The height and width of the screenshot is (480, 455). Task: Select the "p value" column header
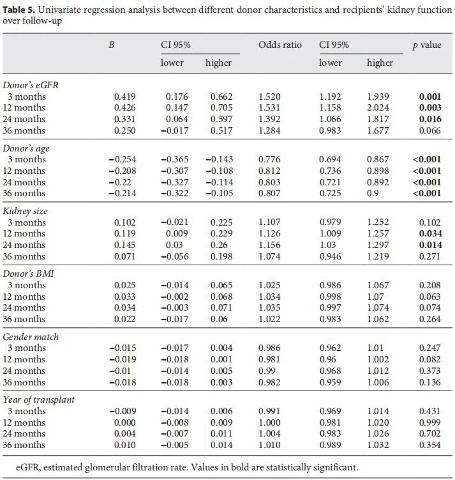tap(427, 45)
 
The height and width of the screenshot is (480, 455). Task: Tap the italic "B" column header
tap(112, 45)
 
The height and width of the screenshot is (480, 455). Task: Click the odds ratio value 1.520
tap(269, 97)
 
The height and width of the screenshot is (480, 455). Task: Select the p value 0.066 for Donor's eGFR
tap(429, 131)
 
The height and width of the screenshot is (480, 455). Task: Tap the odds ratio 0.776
tap(269, 160)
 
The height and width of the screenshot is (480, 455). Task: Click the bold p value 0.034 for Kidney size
tap(429, 234)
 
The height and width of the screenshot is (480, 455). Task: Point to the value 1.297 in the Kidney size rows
tap(378, 245)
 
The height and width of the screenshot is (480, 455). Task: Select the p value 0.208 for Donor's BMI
tap(429, 285)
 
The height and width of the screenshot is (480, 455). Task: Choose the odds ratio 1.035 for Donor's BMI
tap(269, 308)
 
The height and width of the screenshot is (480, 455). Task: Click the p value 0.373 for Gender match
tap(429, 371)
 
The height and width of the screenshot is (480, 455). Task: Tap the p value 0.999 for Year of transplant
tap(429, 422)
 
